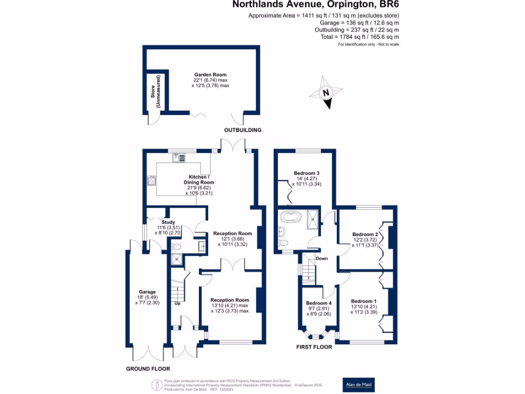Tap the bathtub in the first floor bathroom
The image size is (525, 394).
click(x=291, y=218)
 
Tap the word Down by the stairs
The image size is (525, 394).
click(x=321, y=259)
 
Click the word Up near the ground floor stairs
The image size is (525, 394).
click(x=178, y=303)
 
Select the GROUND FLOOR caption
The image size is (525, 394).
click(x=148, y=369)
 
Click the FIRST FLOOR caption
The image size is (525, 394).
click(x=314, y=347)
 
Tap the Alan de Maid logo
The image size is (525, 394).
click(x=358, y=384)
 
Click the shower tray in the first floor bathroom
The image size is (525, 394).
click(x=312, y=219)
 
